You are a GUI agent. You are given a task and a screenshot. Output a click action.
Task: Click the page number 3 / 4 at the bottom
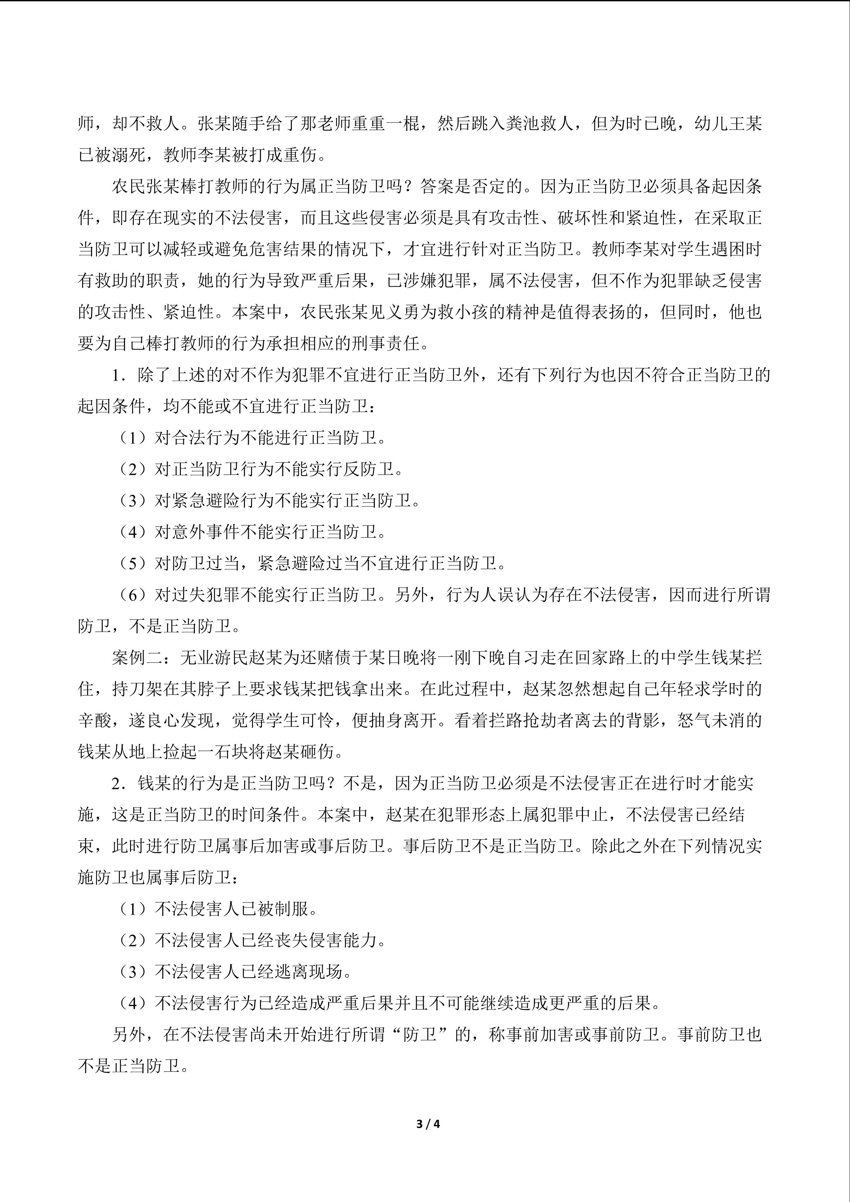tap(428, 1123)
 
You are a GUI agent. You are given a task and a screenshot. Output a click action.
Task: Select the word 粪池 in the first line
tap(524, 124)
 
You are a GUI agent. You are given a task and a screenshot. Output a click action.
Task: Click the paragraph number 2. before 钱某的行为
tap(118, 784)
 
